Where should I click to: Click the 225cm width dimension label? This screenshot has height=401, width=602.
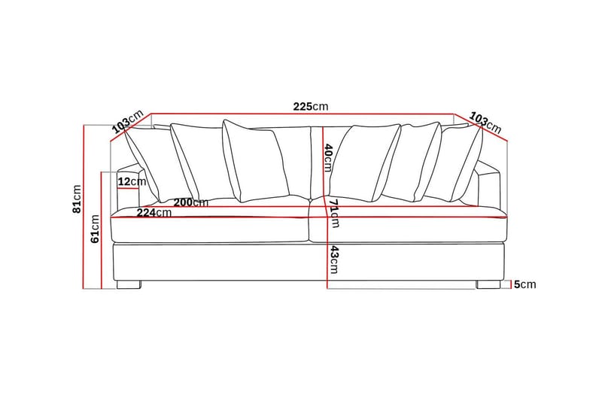[311, 107]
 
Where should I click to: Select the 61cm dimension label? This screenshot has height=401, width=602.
[96, 229]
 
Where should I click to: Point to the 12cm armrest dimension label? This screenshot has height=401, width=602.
[132, 181]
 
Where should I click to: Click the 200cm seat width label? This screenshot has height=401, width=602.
[190, 202]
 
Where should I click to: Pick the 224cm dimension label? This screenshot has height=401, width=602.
[154, 212]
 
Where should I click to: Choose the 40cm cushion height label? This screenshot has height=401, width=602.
[328, 157]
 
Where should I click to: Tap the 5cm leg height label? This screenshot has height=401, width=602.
[524, 284]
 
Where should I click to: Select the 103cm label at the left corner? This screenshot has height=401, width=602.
[127, 122]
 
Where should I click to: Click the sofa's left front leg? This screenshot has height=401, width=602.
[130, 285]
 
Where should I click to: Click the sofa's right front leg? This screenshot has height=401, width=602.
[487, 285]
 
